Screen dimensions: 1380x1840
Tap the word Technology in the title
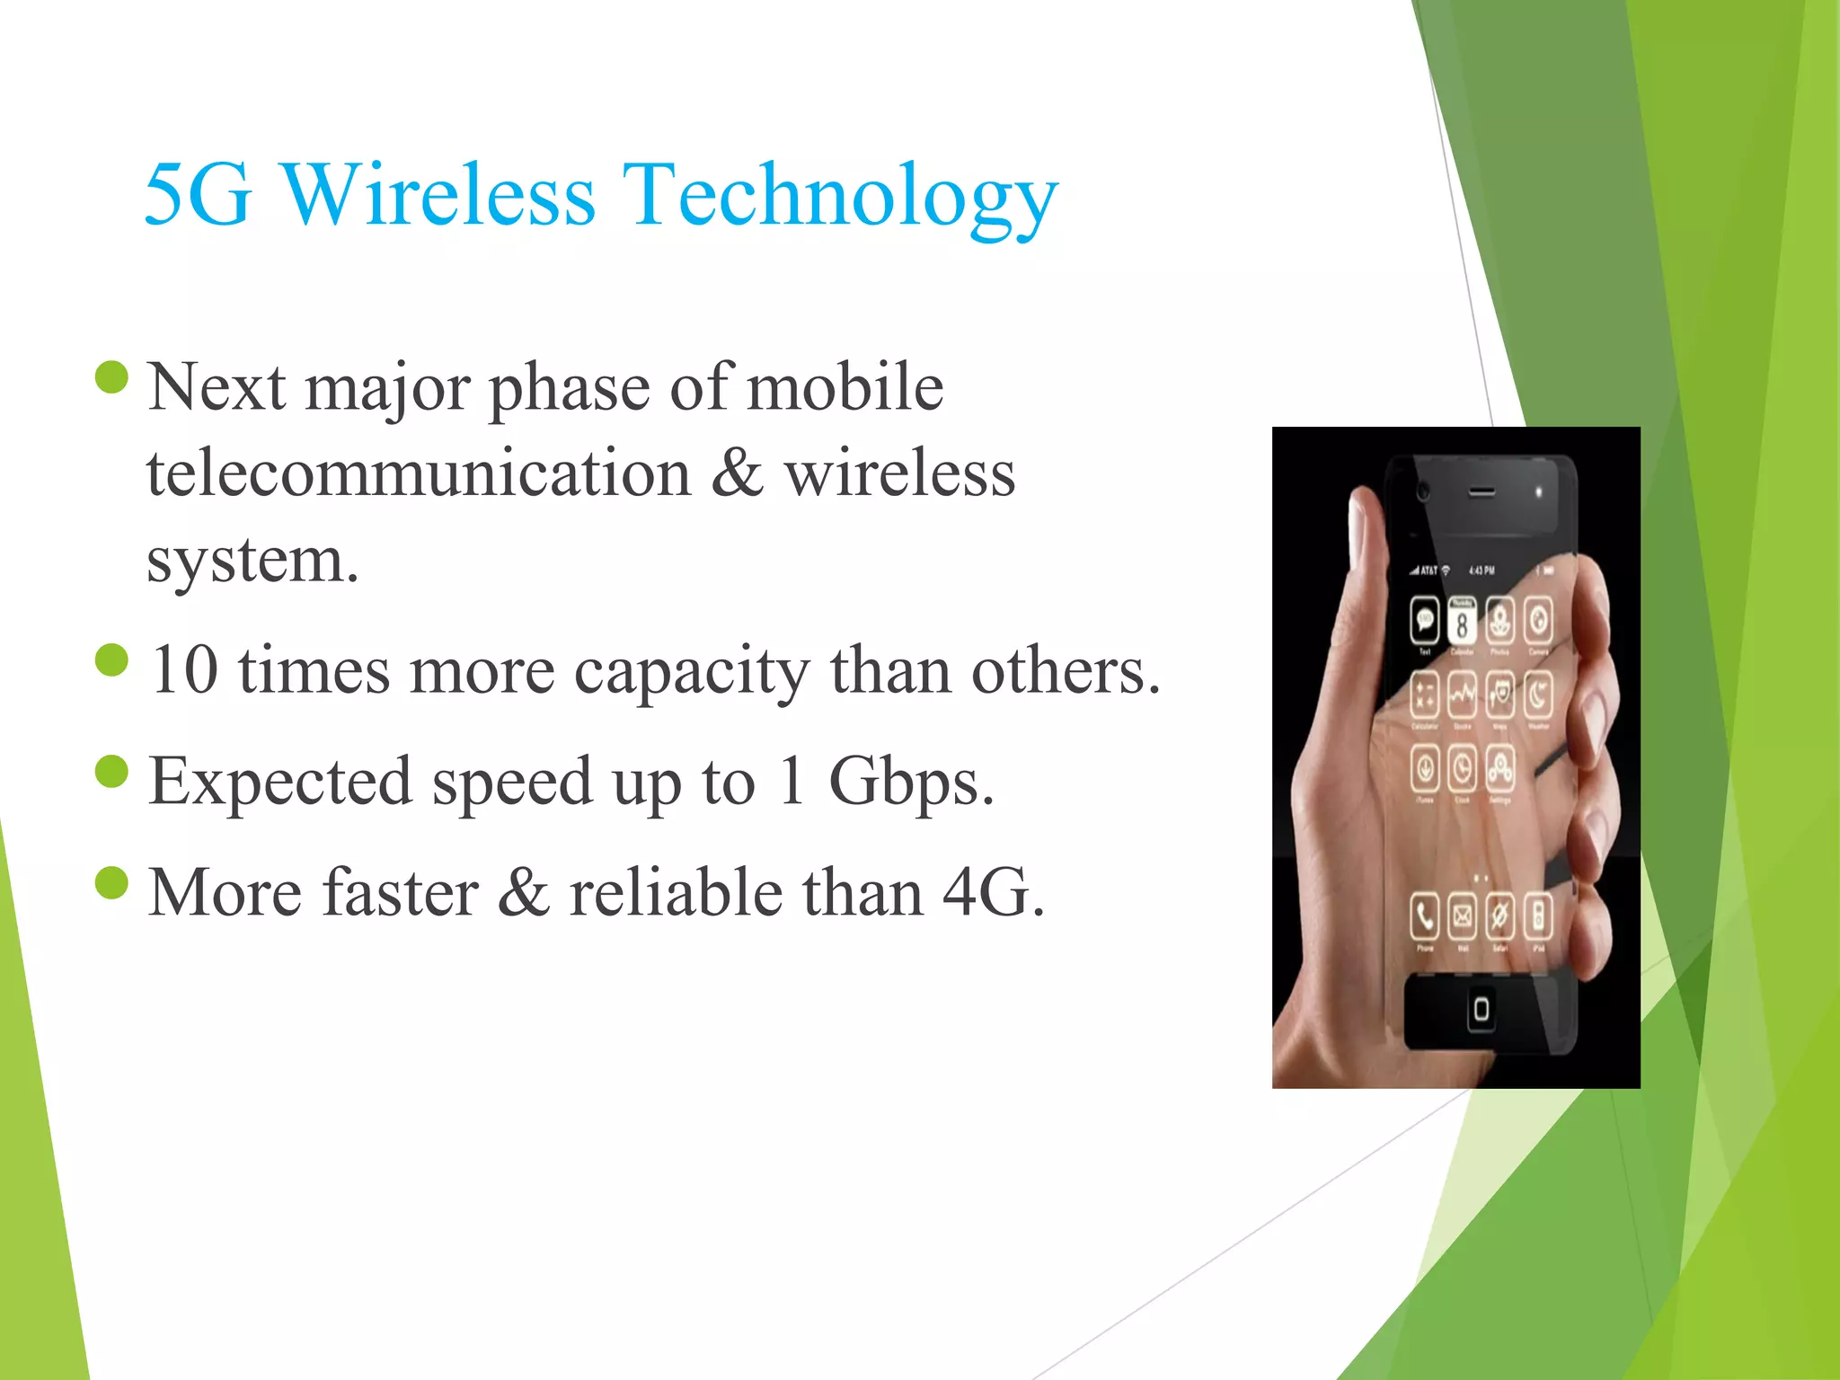pos(840,197)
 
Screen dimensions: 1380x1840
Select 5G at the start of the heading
pos(198,195)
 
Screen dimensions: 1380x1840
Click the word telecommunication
pos(419,473)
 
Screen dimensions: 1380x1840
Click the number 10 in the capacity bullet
pos(184,670)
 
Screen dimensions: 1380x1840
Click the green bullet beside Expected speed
pos(112,772)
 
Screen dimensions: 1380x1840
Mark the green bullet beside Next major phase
pos(112,377)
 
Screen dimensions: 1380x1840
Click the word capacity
pos(692,672)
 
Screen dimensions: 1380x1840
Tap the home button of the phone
pos(1481,1009)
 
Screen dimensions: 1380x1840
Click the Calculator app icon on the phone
pos(1425,694)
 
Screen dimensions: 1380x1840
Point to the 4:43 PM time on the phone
pos(1482,571)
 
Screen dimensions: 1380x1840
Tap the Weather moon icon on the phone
pos(1538,694)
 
